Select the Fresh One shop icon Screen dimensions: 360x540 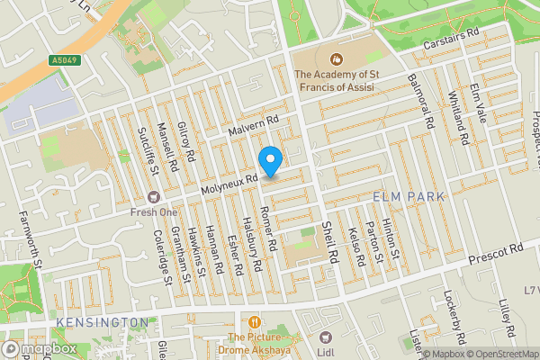pyautogui.click(x=153, y=196)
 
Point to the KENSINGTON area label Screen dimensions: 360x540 pyautogui.click(x=101, y=321)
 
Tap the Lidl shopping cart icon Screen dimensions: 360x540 pyautogui.click(x=326, y=339)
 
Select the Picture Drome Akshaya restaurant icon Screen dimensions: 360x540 pyautogui.click(x=256, y=321)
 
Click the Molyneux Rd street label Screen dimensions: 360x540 pyautogui.click(x=229, y=184)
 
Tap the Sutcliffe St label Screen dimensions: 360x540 pyautogui.click(x=144, y=149)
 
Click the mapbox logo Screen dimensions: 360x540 pyautogui.click(x=39, y=348)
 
